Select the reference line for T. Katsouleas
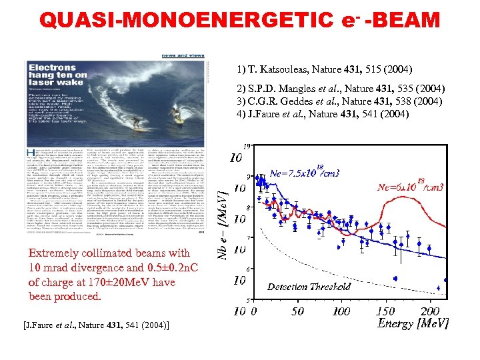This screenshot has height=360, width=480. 324,69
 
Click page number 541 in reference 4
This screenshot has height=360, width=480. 388,114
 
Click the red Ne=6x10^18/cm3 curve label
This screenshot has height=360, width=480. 411,187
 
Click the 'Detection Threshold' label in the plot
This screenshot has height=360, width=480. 309,287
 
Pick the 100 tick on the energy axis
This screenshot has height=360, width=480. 341,311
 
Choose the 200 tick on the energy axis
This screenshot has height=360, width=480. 430,311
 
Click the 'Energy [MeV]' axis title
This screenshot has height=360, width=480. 413,323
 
